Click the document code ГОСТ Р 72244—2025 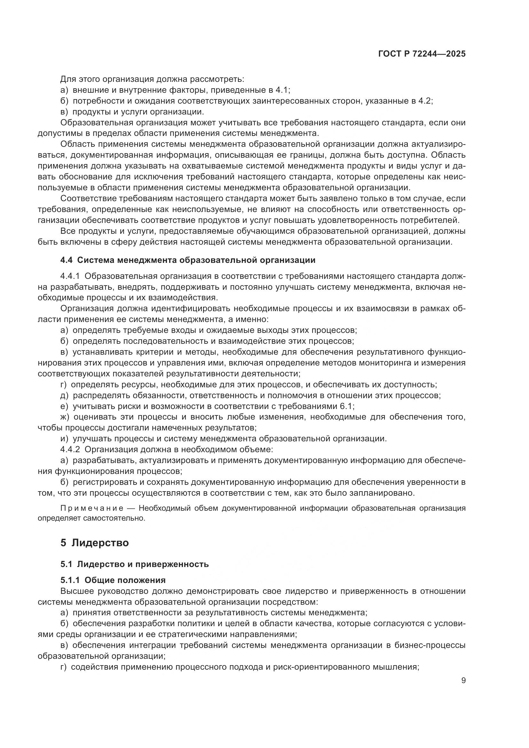[422, 54]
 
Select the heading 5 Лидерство [94, 543]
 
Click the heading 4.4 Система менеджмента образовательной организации [188, 260]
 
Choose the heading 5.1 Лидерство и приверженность [134, 564]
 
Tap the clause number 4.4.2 [70, 450]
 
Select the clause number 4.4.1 [70, 276]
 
